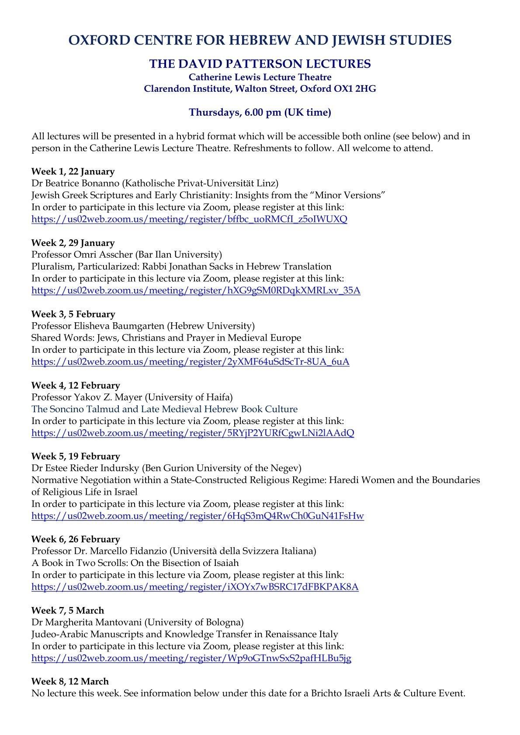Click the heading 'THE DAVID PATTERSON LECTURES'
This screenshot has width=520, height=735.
260,64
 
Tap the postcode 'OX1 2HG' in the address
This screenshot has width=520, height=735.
358,89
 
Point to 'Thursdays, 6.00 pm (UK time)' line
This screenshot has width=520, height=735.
260,112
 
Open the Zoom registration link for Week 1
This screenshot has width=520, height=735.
189,219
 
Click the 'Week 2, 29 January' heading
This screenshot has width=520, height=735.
73,243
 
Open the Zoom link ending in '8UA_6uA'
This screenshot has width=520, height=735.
190,362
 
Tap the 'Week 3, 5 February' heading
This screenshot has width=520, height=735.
73,314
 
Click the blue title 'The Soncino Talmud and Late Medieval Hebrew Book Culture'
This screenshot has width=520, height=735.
164,409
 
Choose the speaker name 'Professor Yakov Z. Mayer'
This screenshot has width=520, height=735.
87,397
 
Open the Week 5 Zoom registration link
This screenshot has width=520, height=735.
198,516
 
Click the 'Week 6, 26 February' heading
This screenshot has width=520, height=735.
75,539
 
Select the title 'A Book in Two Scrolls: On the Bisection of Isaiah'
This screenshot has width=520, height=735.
135,563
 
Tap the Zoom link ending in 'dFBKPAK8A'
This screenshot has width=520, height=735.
195,587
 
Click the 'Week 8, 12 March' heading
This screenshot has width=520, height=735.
70,681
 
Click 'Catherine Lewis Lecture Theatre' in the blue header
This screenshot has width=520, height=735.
260,77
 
